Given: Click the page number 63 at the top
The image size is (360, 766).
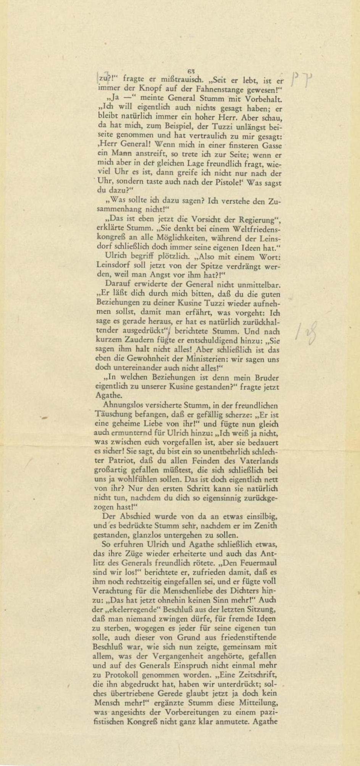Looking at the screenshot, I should click(x=191, y=71).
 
